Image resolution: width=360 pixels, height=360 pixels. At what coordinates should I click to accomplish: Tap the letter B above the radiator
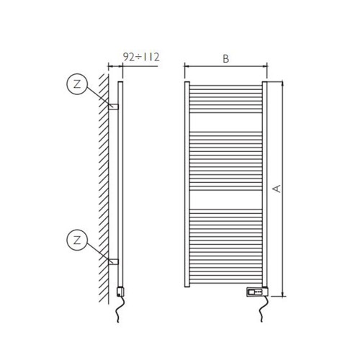click(x=226, y=60)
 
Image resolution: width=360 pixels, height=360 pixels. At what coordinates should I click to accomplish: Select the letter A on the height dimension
click(x=276, y=189)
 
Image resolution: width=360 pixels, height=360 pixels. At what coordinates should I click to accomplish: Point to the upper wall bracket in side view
click(x=114, y=106)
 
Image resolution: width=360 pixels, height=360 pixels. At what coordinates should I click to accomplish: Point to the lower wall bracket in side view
click(x=114, y=261)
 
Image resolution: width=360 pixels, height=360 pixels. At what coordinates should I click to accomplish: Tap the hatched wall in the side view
click(x=104, y=180)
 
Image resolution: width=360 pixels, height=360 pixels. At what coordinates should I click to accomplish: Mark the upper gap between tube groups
click(x=226, y=127)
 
